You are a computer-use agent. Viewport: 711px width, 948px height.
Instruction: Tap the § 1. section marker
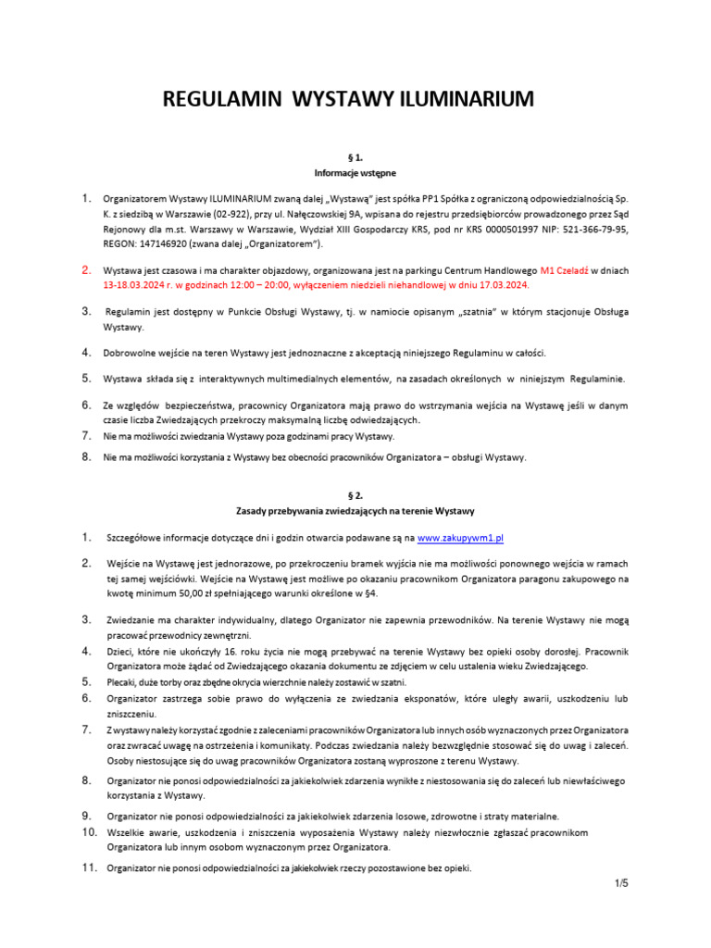tap(355, 158)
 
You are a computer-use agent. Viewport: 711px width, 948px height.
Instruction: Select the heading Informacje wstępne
tap(355, 173)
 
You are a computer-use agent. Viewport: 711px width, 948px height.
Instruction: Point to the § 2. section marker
tap(355, 495)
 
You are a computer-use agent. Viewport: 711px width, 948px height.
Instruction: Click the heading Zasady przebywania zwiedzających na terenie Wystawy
tap(355, 511)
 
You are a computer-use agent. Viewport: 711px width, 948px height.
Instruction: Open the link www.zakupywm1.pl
tap(460, 537)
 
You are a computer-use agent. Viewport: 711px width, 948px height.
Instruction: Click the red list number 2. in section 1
tap(85, 271)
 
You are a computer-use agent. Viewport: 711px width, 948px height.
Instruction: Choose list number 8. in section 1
tap(85, 456)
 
